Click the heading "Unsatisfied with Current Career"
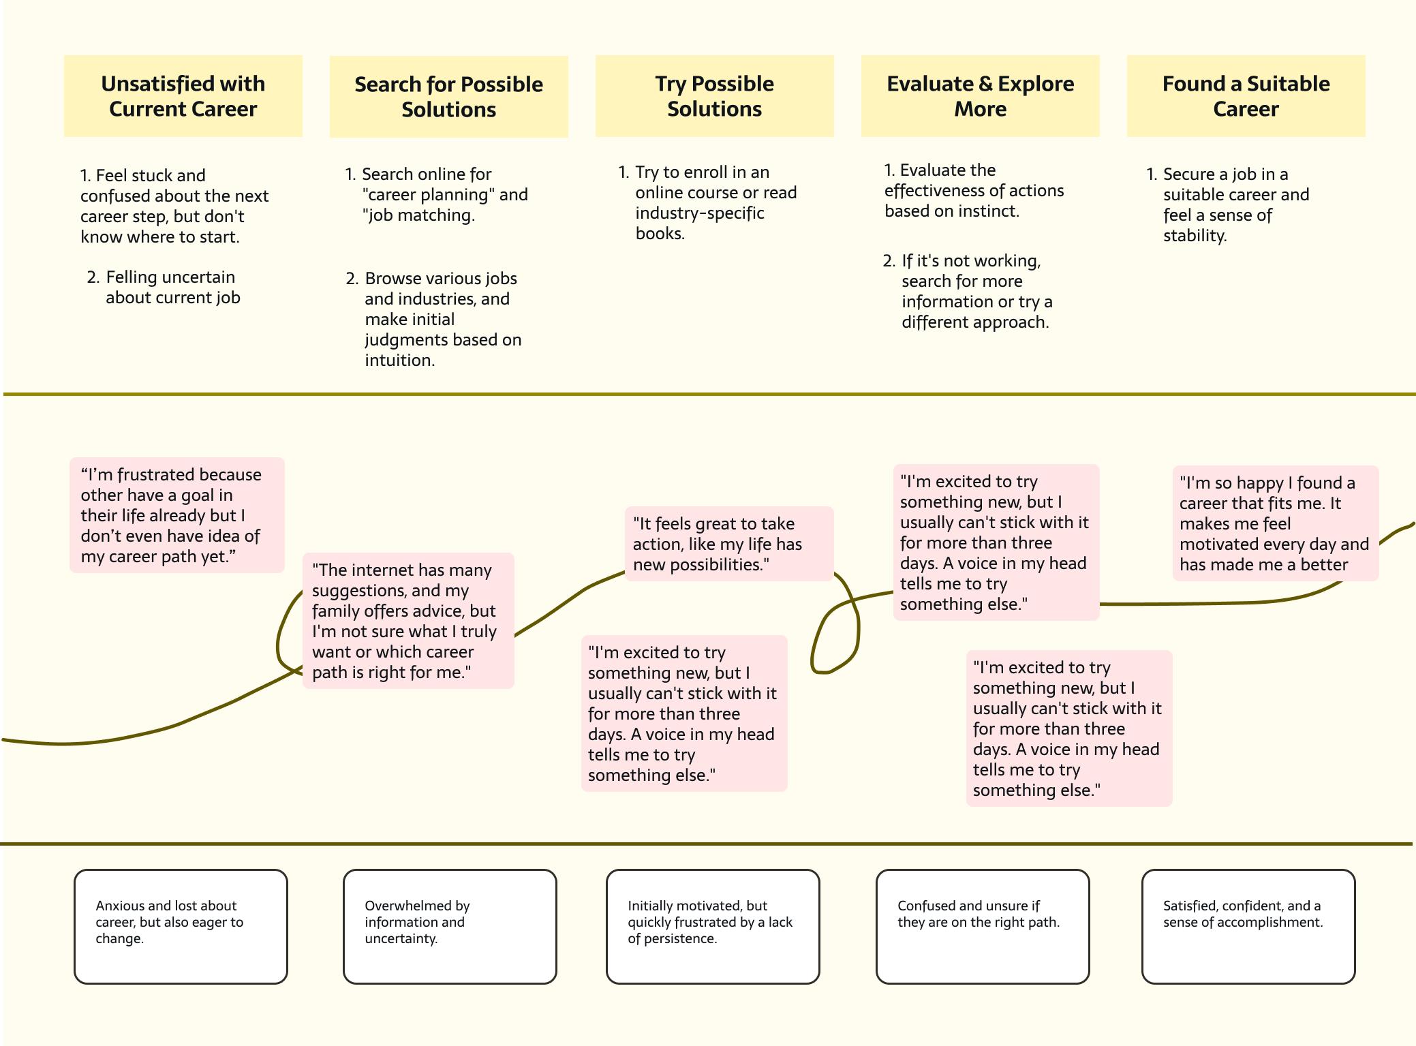pos(183,96)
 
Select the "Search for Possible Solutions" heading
pos(448,97)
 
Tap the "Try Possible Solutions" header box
pos(714,96)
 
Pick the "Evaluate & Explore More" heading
pos(980,96)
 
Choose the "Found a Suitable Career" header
pos(1246,96)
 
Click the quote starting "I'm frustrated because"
pos(177,515)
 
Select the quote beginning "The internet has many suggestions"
pos(408,621)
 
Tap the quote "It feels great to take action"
pos(729,544)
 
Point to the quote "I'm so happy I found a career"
pos(1276,523)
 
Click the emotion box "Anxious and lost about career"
pos(181,926)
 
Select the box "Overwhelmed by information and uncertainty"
pos(450,926)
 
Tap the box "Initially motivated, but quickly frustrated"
pos(713,926)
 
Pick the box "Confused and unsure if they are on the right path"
pos(983,926)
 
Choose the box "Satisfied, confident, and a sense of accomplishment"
pos(1248,926)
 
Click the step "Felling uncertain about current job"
pos(164,287)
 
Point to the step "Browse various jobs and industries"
pos(433,319)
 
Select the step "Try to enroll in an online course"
pos(707,202)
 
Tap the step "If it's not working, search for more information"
pos(968,291)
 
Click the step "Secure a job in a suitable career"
pos(1228,204)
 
